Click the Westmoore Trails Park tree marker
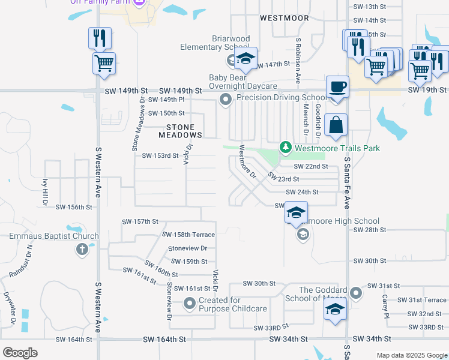pos(286,148)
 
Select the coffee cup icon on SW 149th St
pos(337,86)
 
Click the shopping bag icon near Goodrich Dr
pos(336,125)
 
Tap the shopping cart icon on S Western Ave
pos(104,62)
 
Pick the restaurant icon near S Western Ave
pos(100,38)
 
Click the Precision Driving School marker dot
pos(226,100)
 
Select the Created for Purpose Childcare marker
pos(190,304)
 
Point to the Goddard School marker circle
pos(356,293)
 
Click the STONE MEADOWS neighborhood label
pos(180,131)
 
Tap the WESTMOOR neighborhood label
pos(285,18)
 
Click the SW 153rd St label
pos(160,155)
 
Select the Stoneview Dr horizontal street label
pos(187,248)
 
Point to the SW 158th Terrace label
pos(188,235)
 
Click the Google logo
pos(20,352)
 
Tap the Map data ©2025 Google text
pos(411,355)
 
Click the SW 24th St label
pos(302,192)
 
